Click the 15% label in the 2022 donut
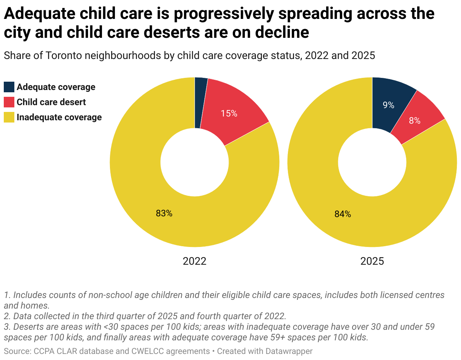coord(229,113)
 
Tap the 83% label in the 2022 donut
coord(164,213)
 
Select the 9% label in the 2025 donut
coord(388,106)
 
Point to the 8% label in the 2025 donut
coord(415,121)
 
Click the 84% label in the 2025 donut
coord(342,214)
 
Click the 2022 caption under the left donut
coord(195,261)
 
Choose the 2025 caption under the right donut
coord(372,261)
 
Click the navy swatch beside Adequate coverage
coord(9,87)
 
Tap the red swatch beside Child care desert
coord(9,102)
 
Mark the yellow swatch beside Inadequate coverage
coord(9,117)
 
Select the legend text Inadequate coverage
coord(59,117)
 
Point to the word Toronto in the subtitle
coord(63,56)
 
